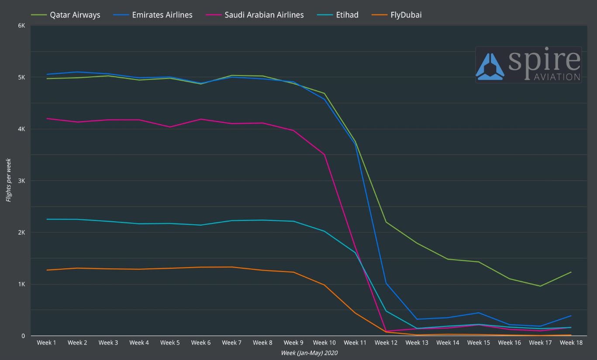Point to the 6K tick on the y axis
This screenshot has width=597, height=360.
click(x=21, y=26)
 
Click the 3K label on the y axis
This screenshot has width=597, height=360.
click(x=21, y=181)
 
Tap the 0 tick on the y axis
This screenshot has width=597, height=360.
click(x=23, y=336)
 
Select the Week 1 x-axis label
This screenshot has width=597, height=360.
click(x=46, y=343)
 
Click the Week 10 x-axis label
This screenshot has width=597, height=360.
click(x=324, y=343)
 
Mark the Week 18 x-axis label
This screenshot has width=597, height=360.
click(x=571, y=343)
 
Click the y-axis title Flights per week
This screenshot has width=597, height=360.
click(x=8, y=180)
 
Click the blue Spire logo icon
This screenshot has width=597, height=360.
click(x=490, y=67)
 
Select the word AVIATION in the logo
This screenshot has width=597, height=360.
click(x=557, y=77)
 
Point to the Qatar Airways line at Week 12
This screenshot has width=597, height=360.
click(x=386, y=222)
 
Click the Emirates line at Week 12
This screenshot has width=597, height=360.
click(x=386, y=283)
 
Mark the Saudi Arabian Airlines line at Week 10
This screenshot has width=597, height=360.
click(x=324, y=154)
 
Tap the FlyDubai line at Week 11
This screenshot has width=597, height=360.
click(x=355, y=313)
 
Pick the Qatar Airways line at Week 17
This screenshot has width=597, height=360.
click(x=540, y=286)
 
